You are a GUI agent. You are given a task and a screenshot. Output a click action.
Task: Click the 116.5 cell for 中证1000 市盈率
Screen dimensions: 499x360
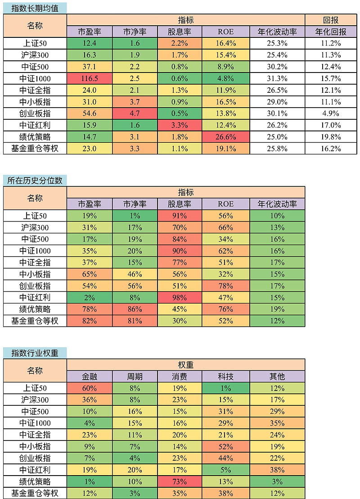(x=90, y=78)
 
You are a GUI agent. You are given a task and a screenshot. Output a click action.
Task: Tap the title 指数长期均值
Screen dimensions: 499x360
(x=35, y=8)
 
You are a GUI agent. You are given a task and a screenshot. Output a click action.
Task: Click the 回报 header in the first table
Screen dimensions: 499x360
(x=331, y=20)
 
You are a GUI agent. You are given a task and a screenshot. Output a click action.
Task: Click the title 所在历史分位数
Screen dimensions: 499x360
(x=35, y=181)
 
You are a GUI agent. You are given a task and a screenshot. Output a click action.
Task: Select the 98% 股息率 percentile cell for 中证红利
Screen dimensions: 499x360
(x=180, y=297)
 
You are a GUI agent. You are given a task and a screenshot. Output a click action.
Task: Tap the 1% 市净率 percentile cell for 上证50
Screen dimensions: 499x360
(x=135, y=216)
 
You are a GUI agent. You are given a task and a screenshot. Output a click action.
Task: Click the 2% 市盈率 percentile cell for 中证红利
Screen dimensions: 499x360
(x=90, y=297)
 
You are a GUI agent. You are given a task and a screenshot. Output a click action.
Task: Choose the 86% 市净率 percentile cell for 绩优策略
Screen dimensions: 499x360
(x=135, y=309)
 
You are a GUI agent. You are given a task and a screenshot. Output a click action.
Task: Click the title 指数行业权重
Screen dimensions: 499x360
(x=35, y=353)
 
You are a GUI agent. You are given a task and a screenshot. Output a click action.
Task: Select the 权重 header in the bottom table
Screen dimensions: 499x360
(x=186, y=365)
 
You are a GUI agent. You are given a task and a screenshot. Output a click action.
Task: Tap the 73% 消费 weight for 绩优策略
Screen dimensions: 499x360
(x=180, y=481)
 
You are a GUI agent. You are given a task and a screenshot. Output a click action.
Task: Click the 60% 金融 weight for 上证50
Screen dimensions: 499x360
(x=90, y=388)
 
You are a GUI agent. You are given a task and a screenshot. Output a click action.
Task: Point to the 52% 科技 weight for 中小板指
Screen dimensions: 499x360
(x=226, y=446)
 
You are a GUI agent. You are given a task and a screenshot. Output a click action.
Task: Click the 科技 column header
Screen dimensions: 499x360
(x=226, y=377)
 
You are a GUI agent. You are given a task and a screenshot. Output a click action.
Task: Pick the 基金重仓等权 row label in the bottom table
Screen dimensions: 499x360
(x=35, y=493)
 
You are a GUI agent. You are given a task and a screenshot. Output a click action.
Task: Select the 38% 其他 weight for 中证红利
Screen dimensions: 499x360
(x=277, y=470)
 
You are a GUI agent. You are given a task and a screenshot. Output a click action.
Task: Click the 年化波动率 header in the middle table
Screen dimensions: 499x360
(x=277, y=204)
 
